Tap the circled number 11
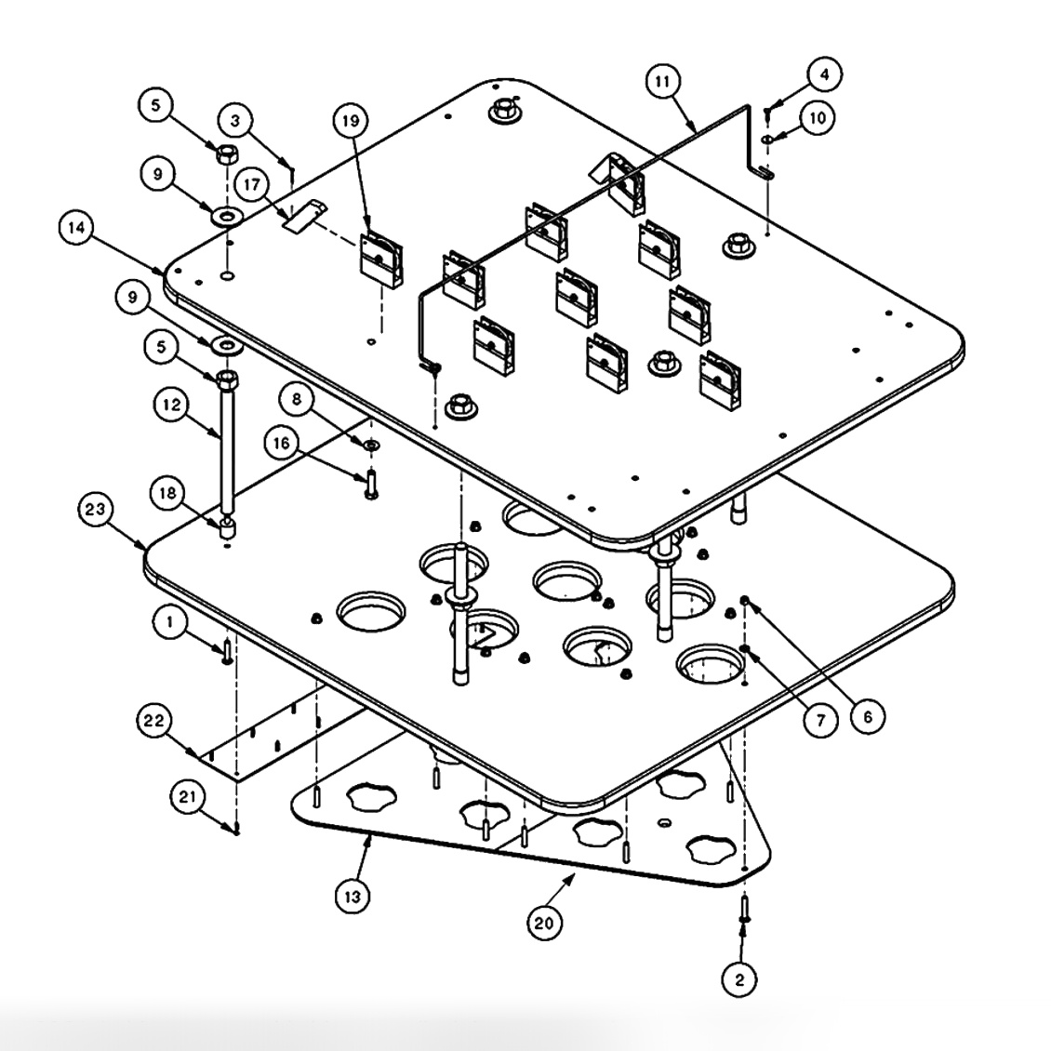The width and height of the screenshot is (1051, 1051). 661,83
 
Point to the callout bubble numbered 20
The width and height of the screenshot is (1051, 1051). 545,923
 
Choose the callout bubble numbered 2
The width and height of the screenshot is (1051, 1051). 738,978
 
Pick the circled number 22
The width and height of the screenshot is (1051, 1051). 154,722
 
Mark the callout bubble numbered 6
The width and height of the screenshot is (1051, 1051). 867,716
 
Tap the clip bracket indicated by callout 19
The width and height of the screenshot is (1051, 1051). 379,259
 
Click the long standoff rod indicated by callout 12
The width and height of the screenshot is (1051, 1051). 227,446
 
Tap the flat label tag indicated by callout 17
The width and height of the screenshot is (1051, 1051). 303,215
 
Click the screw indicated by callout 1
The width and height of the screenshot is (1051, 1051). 227,653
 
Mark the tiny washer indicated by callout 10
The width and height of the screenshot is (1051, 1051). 765,140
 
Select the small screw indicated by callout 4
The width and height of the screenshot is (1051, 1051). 765,112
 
